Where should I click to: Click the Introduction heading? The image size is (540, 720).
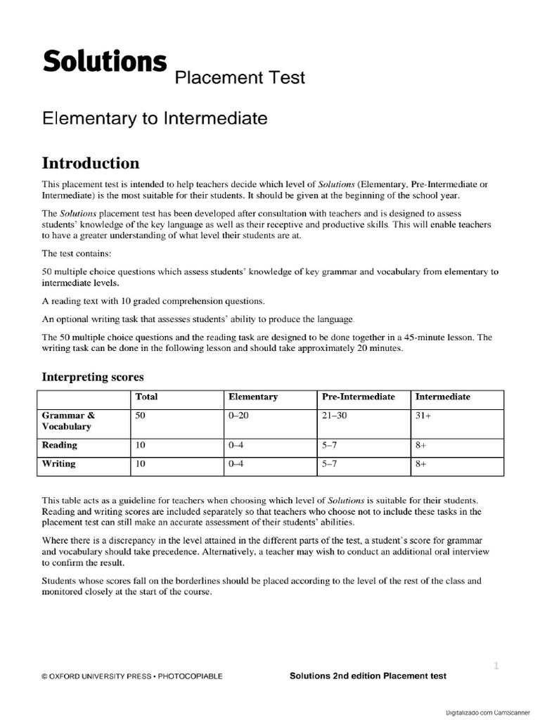click(91, 163)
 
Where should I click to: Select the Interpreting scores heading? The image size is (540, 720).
click(93, 377)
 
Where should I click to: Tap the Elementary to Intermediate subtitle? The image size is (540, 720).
click(155, 119)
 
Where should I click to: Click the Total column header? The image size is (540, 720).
click(146, 397)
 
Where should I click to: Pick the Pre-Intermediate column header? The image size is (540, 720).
click(358, 397)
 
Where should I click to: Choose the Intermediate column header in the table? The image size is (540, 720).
click(442, 397)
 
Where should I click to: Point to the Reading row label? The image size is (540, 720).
click(60, 445)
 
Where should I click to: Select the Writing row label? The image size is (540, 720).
click(59, 464)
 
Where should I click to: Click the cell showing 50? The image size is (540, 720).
click(140, 416)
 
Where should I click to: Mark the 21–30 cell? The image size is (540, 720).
click(335, 416)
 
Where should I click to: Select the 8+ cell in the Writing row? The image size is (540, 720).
click(421, 464)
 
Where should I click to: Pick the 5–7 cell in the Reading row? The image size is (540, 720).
click(329, 445)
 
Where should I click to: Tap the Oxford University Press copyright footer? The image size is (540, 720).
click(132, 676)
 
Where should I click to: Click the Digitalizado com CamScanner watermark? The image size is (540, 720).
click(491, 712)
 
